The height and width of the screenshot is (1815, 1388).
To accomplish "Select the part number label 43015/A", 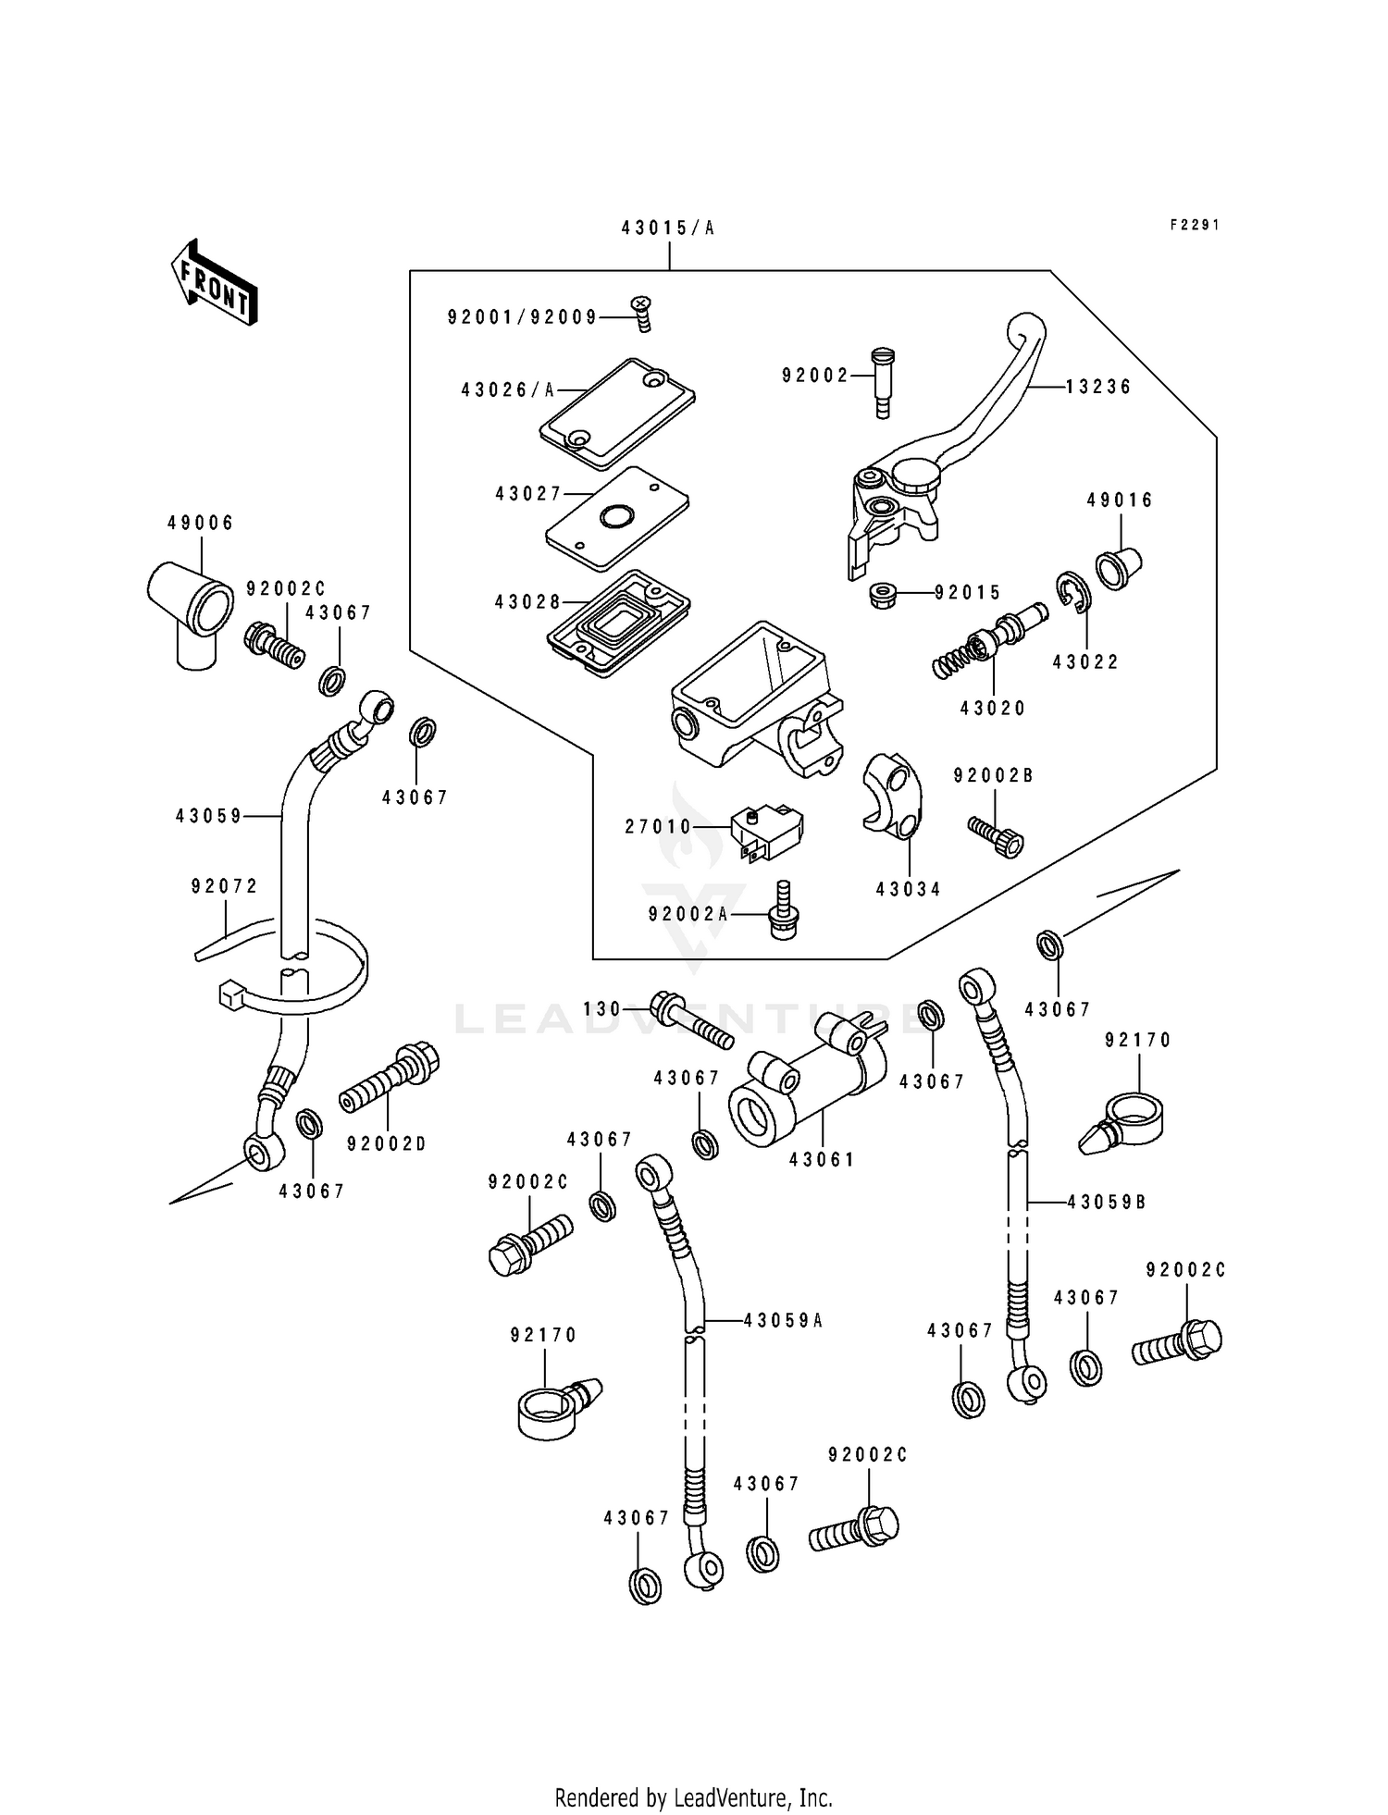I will click(x=668, y=228).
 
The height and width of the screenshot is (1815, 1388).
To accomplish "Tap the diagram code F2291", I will click(x=1194, y=225).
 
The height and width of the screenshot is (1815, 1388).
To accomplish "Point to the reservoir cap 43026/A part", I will click(x=617, y=413).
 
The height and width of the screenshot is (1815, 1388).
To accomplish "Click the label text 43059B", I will click(x=1107, y=1203).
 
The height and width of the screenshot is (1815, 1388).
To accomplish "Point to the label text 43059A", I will click(x=783, y=1321).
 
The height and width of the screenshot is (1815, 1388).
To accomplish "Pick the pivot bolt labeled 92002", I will click(x=882, y=382).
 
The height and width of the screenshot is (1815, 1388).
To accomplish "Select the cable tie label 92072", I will click(x=224, y=886).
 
